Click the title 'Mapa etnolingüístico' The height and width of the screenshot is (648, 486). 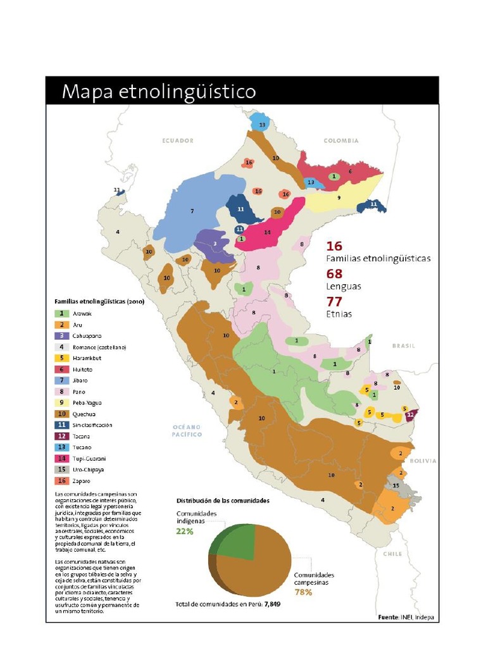pyautogui.click(x=158, y=92)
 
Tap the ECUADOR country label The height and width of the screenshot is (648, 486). pyautogui.click(x=178, y=140)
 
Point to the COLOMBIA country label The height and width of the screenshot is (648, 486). pyautogui.click(x=341, y=140)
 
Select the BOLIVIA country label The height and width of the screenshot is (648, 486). pyautogui.click(x=423, y=461)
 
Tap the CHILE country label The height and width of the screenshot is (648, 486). pyautogui.click(x=392, y=554)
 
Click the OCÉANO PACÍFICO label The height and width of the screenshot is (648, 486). pyautogui.click(x=187, y=431)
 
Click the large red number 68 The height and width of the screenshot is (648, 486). pyautogui.click(x=335, y=274)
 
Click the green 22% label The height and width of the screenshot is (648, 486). pyautogui.click(x=184, y=531)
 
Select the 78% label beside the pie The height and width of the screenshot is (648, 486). pyautogui.click(x=303, y=592)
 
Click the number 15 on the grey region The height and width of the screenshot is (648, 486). pyautogui.click(x=396, y=485)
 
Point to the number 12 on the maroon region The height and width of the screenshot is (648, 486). pyautogui.click(x=411, y=414)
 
